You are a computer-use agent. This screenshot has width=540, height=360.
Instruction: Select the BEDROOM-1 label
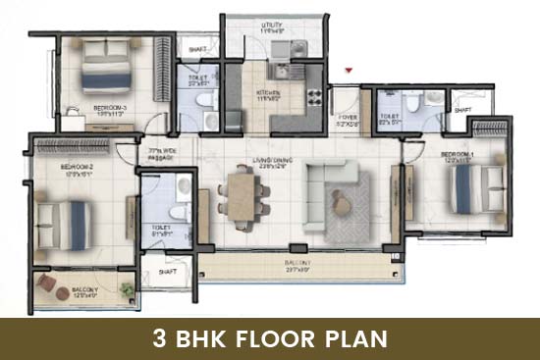point(458,155)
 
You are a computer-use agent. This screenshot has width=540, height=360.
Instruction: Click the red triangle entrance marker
point(348,71)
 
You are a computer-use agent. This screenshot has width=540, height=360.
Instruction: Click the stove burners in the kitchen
point(315,96)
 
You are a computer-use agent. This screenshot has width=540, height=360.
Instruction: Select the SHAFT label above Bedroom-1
point(462,111)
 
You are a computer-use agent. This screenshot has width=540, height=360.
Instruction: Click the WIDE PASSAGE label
point(161,154)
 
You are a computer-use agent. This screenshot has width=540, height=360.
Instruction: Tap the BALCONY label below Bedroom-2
point(84,290)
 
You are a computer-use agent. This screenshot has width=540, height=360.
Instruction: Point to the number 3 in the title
point(158,339)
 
